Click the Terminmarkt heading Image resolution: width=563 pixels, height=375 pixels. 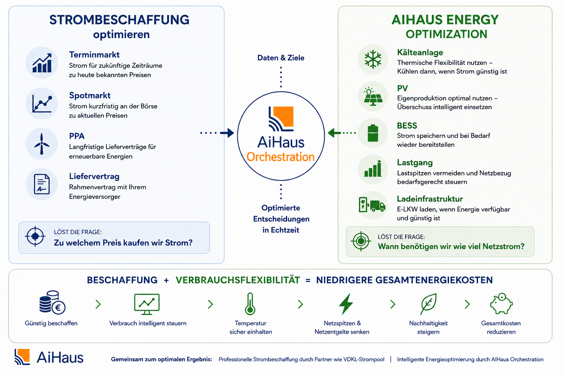coord(94,55)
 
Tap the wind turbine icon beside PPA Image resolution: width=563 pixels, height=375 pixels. coord(42,144)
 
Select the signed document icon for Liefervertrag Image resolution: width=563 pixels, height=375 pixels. coord(42,184)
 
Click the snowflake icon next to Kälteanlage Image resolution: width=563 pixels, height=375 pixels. coord(373,59)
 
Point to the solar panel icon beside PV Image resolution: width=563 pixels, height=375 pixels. coord(373,96)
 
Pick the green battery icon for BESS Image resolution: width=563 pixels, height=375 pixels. coord(373,133)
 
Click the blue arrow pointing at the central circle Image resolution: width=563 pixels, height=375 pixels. coord(227,133)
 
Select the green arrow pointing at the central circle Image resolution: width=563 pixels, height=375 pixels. coord(335,133)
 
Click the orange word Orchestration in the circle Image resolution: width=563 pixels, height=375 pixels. coord(280,157)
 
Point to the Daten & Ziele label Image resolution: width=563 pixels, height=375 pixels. coord(281,58)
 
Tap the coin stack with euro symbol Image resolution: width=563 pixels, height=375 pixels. coord(52,302)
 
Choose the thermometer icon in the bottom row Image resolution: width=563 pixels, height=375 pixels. coord(250,304)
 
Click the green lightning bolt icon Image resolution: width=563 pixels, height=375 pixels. coord(346,304)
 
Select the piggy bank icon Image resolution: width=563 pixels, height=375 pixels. coord(501,304)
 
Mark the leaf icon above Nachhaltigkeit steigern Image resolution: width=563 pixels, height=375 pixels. coord(428,304)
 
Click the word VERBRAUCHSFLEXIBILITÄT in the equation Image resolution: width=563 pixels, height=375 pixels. coord(238,280)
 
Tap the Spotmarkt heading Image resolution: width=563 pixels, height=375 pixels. coord(90,96)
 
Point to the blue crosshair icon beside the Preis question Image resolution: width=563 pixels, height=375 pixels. coord(35,236)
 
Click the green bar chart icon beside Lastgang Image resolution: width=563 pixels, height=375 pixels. coord(373,169)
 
